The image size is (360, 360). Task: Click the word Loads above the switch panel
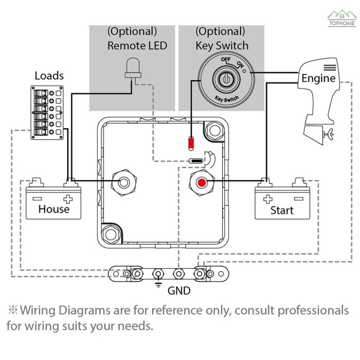(x=49, y=76)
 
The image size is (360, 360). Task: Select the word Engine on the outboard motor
(x=318, y=78)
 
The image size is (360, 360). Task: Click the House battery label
(x=53, y=209)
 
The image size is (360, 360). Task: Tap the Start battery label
(x=282, y=210)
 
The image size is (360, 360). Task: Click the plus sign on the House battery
(x=67, y=198)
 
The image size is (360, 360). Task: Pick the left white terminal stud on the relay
(x=124, y=182)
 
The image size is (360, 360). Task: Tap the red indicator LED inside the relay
(x=191, y=141)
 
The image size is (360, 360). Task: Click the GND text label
(x=179, y=291)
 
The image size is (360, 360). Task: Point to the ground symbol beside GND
(x=158, y=286)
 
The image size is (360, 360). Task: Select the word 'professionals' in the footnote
(x=306, y=311)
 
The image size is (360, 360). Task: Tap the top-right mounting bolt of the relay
(x=214, y=131)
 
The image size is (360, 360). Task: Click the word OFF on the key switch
(x=225, y=60)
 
